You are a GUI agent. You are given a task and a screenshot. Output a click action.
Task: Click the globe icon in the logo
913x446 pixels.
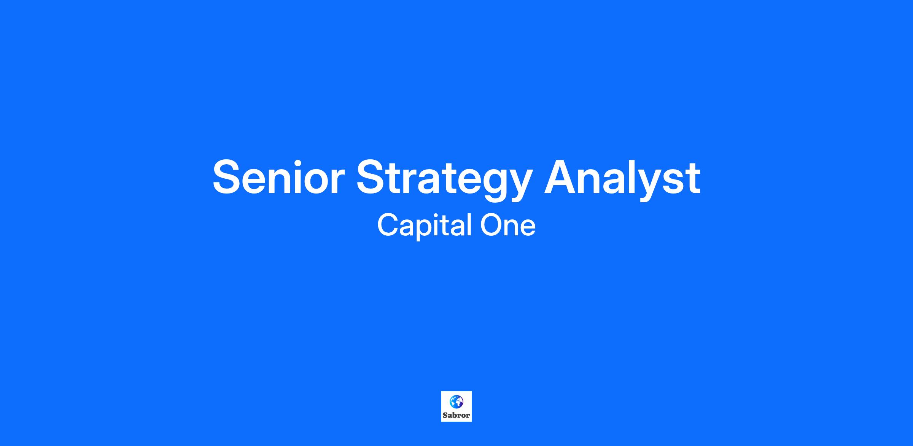[456, 402]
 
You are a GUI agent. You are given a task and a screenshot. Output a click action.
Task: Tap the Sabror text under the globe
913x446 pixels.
[456, 415]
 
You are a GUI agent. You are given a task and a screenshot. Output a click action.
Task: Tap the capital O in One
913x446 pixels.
[492, 225]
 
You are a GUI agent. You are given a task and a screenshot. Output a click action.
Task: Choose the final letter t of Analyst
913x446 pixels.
[692, 179]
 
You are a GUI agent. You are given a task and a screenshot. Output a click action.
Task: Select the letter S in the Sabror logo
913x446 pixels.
[445, 415]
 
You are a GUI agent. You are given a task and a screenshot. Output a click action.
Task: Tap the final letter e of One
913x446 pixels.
[528, 228]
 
